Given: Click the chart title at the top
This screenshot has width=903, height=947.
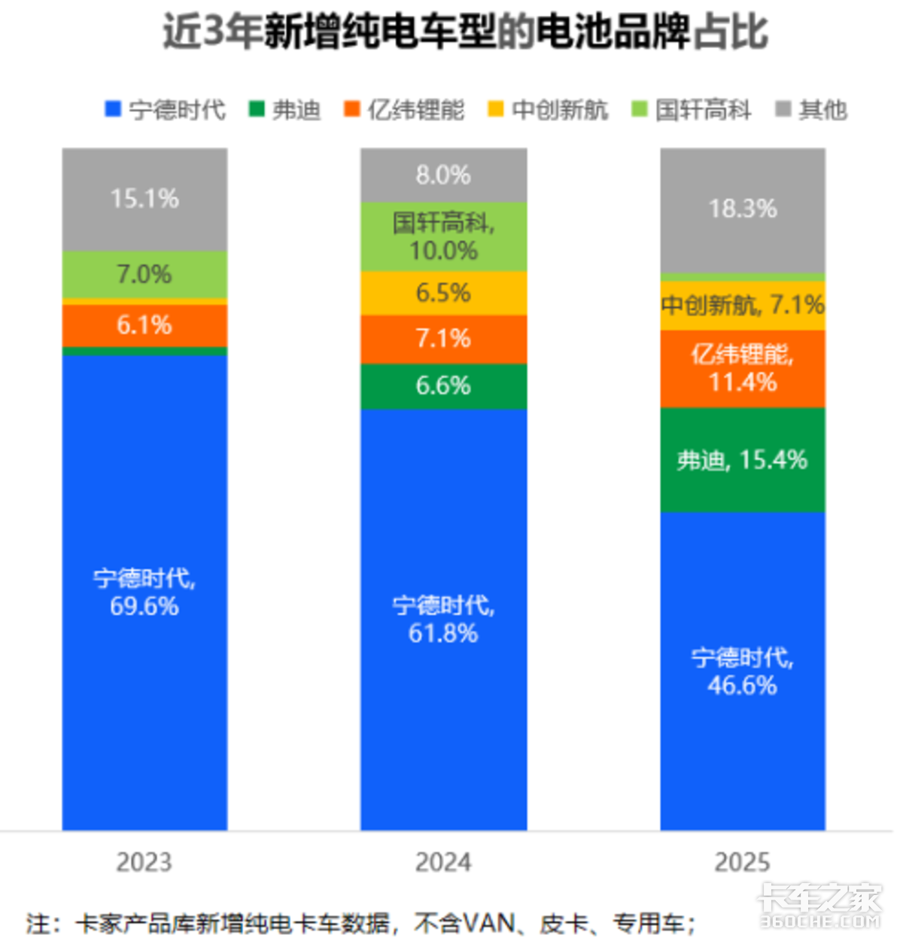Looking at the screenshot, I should (465, 32).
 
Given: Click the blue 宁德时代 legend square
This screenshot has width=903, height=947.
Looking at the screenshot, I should (113, 110).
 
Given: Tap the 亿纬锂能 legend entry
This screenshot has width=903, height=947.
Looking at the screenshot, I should (405, 110).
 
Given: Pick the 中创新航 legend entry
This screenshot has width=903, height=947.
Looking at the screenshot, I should (549, 110).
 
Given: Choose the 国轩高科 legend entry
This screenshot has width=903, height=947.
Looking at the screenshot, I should (692, 110).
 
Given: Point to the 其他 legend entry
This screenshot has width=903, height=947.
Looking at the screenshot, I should (813, 110).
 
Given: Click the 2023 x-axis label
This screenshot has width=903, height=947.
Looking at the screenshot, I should (144, 862).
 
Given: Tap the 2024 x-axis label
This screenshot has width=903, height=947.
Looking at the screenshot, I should (443, 862).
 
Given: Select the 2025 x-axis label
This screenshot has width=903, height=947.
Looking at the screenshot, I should (742, 862).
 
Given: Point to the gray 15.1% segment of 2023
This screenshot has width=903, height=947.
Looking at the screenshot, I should (144, 199).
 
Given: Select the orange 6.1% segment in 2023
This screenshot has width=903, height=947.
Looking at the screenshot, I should (144, 325).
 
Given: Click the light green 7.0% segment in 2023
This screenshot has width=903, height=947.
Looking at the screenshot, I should (144, 274).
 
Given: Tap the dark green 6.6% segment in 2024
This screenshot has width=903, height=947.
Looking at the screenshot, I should (443, 386).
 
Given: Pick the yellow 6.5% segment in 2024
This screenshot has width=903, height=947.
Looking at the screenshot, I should (443, 293).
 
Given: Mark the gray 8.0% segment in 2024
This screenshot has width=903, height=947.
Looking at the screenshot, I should (443, 175).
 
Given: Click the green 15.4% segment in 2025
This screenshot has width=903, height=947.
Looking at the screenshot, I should (742, 460).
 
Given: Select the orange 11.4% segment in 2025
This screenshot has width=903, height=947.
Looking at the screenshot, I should (742, 369).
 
